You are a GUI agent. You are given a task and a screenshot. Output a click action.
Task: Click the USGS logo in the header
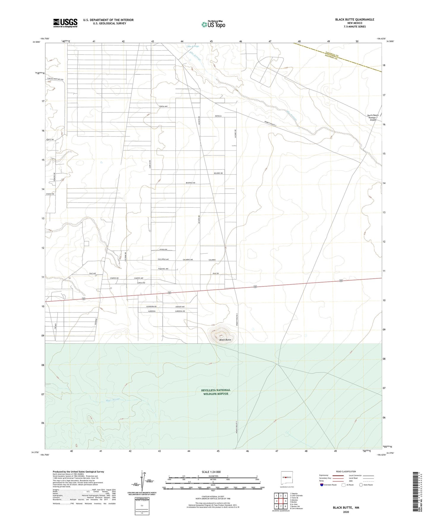tap(65, 23)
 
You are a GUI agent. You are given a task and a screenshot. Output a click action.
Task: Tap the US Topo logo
tap(213, 24)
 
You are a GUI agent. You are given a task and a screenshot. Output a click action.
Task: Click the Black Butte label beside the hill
tap(225, 340)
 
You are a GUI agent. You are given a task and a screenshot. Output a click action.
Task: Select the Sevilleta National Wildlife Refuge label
tap(216, 392)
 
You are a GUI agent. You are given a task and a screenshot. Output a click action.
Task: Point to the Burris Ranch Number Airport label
tap(373, 117)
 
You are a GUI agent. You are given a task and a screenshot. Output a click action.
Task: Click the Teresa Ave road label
tap(163, 107)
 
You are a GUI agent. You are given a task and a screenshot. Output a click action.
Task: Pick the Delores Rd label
tap(218, 173)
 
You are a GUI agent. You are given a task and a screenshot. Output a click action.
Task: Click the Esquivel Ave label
tap(163, 269)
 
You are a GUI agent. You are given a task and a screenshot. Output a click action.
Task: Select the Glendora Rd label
tap(151, 306)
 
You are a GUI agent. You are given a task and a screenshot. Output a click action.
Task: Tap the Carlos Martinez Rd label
tap(55, 80)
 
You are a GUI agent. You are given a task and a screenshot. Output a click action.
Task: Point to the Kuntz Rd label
tap(50, 139)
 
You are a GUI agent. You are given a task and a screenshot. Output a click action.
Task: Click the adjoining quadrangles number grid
tap(281, 502)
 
